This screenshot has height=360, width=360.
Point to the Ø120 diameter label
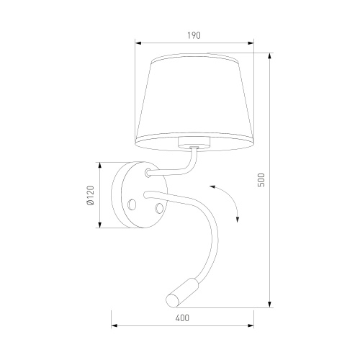pos(89,195)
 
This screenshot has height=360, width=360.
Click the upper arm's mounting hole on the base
pos(148,173)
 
